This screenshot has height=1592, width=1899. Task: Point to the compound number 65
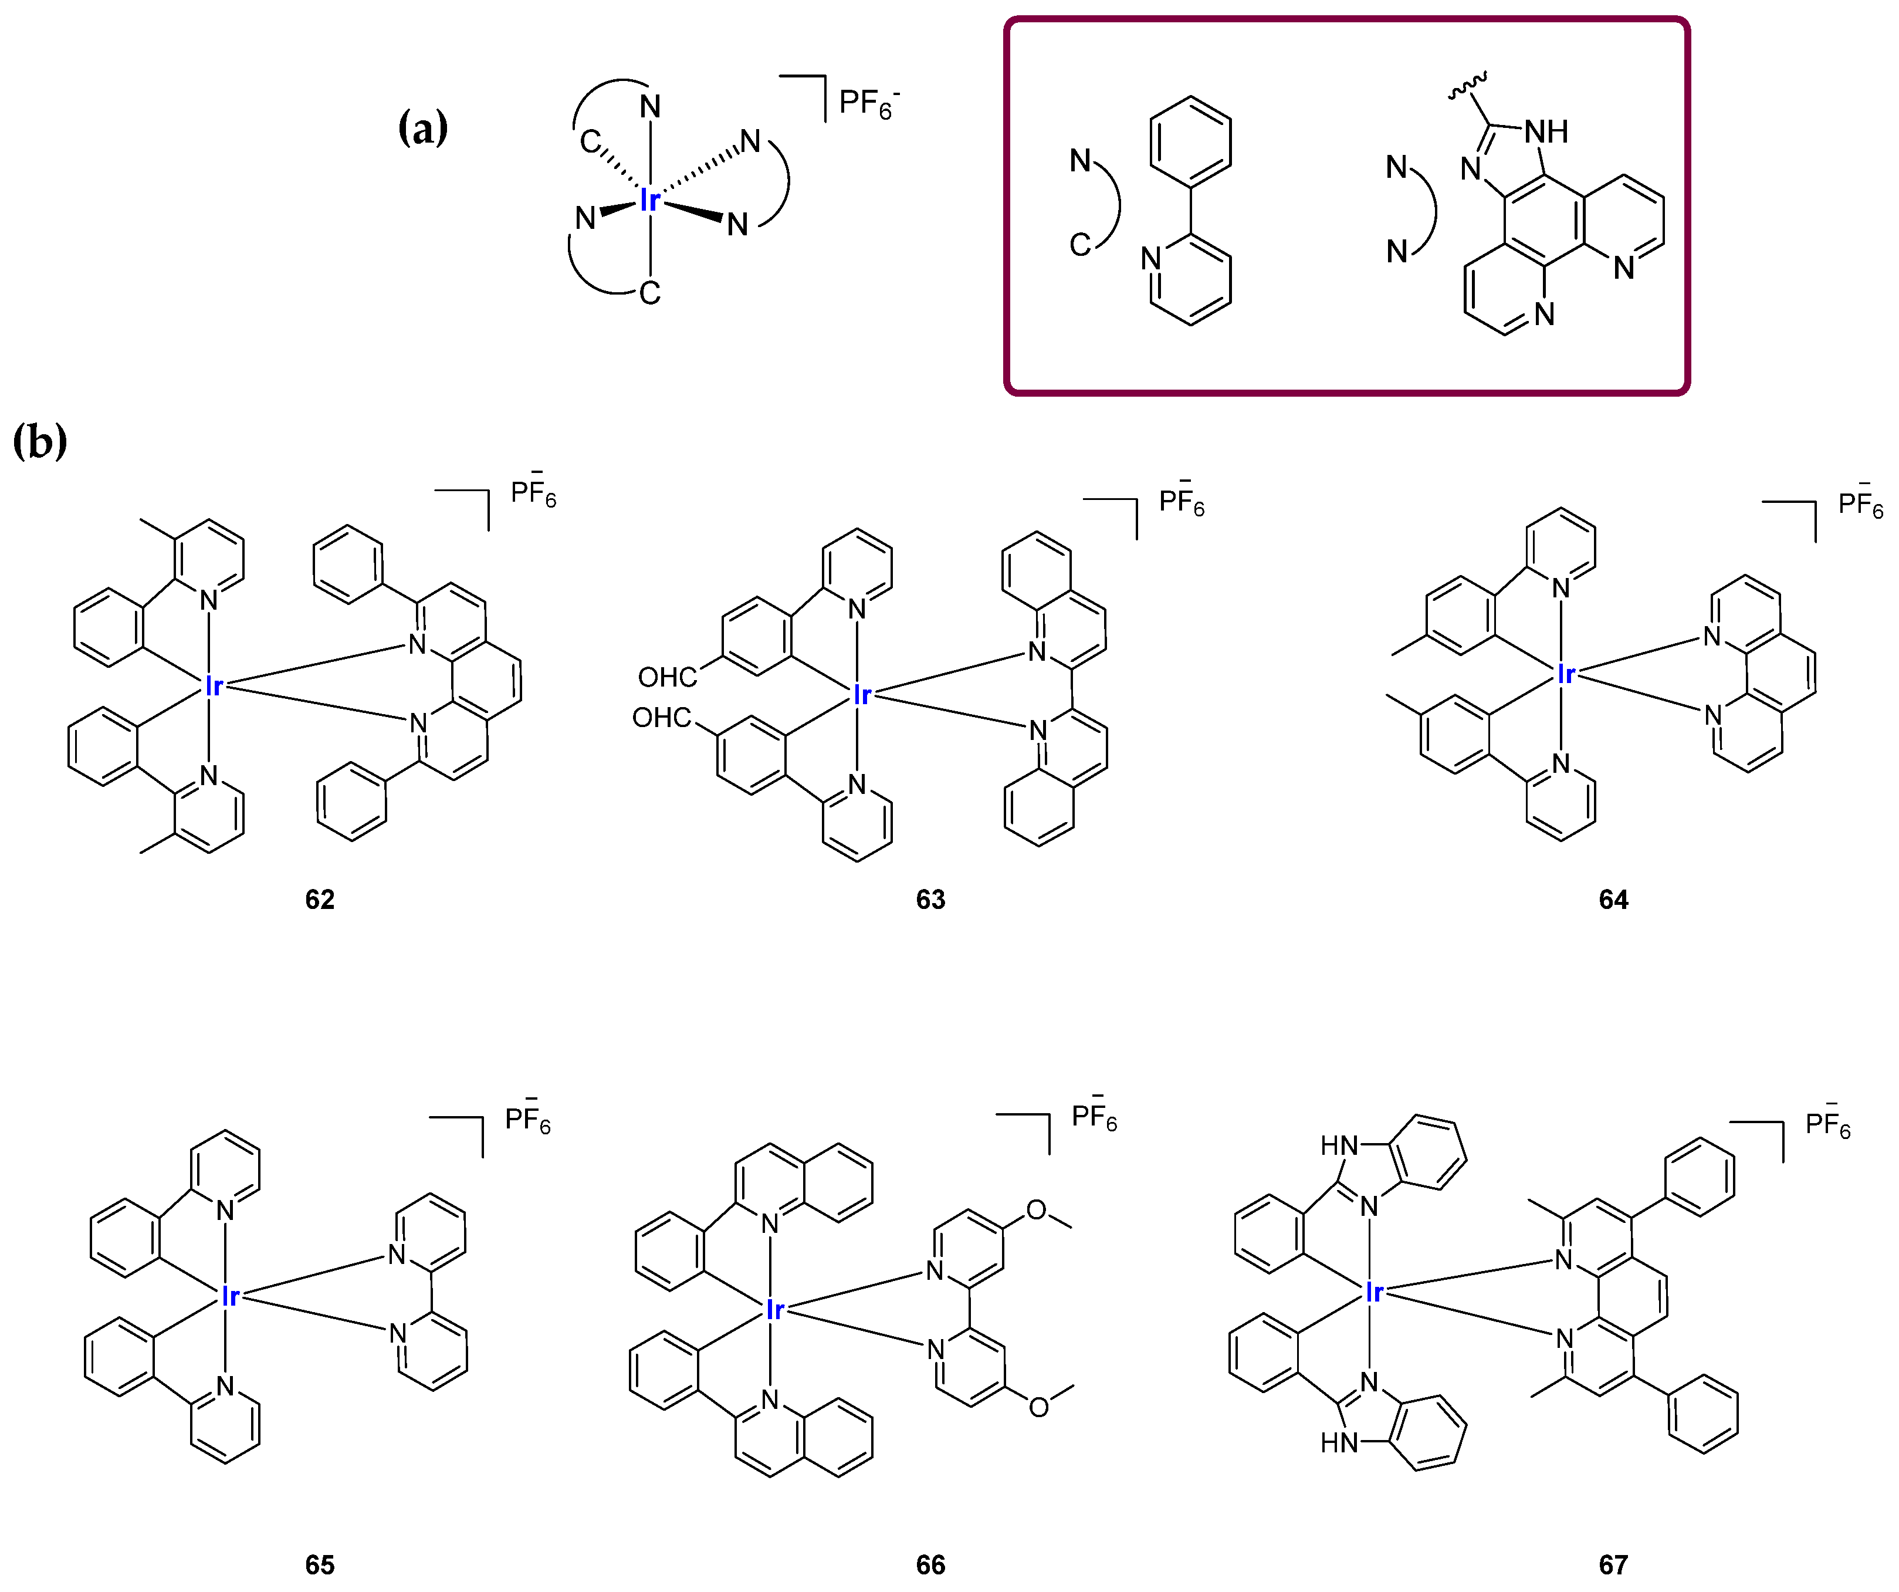tap(319, 1565)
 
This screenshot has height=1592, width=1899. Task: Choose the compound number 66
tap(930, 1565)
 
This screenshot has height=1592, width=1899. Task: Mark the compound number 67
tap(1613, 1565)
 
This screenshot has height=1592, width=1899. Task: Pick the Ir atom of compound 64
tap(1565, 674)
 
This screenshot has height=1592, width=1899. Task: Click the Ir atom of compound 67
tap(1373, 1293)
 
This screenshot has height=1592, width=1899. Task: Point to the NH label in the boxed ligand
tap(1546, 132)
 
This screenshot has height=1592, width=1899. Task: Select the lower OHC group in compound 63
tap(661, 718)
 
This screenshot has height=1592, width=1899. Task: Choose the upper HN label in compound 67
tap(1339, 1146)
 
